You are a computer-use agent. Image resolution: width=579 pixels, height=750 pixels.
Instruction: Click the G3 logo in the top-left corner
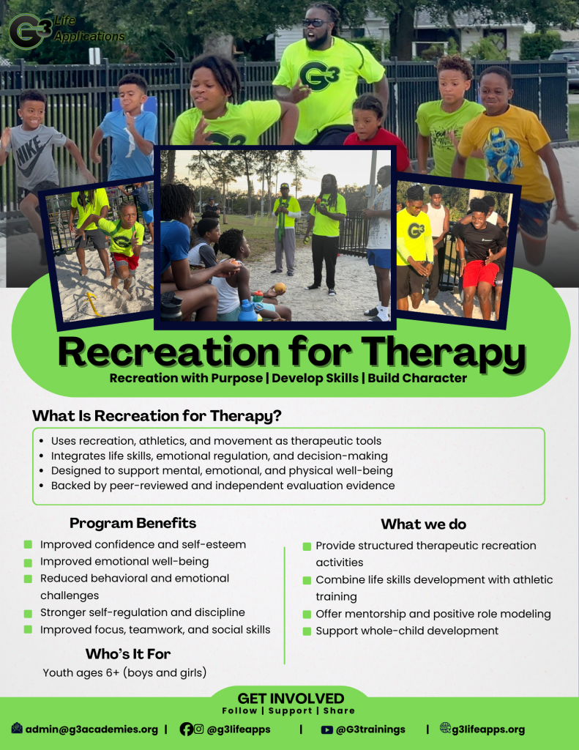[29, 31]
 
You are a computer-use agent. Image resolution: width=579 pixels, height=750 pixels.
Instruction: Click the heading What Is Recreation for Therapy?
[157, 416]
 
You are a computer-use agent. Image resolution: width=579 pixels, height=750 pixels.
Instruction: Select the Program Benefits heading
[133, 523]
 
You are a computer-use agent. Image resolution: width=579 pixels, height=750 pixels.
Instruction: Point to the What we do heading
[424, 524]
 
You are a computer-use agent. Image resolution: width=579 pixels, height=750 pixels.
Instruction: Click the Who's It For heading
[128, 654]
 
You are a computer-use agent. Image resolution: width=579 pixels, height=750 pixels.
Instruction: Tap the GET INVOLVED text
[291, 698]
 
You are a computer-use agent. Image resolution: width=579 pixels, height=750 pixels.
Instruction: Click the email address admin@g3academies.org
[91, 729]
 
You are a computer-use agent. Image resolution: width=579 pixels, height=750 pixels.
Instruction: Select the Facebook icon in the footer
[186, 729]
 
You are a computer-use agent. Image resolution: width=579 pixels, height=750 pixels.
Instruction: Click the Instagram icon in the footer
[199, 729]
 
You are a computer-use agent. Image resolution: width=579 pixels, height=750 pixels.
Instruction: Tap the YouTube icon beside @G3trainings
[327, 729]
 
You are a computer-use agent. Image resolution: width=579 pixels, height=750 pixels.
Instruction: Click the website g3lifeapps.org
[488, 729]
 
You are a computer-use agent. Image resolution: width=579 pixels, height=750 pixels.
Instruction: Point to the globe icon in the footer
[445, 728]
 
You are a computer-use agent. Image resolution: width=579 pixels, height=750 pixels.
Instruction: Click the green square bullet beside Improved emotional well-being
[29, 562]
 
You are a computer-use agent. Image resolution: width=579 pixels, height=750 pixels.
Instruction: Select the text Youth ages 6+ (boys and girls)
[124, 672]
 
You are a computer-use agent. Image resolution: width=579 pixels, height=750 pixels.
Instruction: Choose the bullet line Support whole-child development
[407, 631]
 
